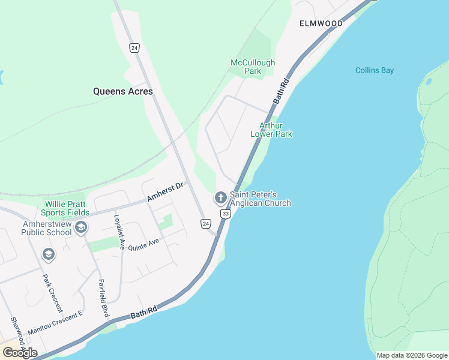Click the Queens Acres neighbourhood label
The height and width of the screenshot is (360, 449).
coord(122,92)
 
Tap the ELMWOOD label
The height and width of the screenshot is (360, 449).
coord(321,23)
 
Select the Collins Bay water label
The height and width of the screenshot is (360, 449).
coord(374,70)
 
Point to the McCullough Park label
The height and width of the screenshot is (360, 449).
coord(253,67)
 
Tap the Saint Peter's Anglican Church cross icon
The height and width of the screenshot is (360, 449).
coord(220,197)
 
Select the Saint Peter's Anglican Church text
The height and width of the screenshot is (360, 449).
coord(261,199)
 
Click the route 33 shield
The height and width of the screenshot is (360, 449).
coord(225,214)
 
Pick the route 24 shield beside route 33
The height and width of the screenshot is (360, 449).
coord(206,224)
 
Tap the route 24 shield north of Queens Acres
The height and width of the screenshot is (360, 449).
coord(134,47)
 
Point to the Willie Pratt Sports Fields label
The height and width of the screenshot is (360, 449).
coord(66,208)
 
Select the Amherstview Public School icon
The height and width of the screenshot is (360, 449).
coord(81,227)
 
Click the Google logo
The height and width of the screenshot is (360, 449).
coord(20,353)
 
